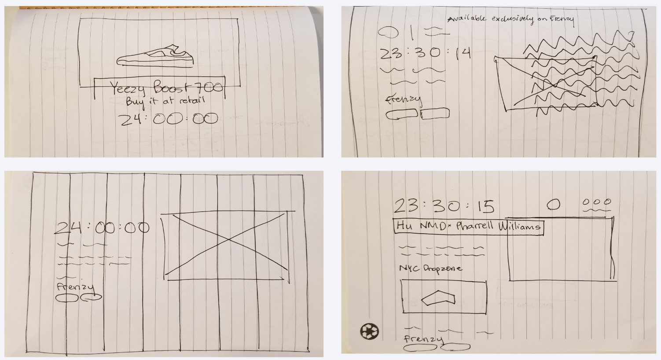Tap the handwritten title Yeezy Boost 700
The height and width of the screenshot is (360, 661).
(x=166, y=88)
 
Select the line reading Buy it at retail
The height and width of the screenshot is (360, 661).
(x=165, y=102)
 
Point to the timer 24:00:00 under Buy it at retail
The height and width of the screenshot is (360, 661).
(x=169, y=119)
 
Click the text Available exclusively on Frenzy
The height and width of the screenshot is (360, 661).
(x=510, y=19)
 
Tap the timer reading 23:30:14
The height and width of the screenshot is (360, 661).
(x=425, y=54)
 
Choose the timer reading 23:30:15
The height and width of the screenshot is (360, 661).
(x=444, y=206)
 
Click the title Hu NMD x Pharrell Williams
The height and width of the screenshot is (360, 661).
(x=468, y=227)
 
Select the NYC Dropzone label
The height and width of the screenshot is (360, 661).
(x=430, y=268)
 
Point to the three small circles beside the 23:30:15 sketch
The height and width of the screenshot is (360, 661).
(x=597, y=202)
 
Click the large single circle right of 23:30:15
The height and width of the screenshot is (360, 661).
(x=553, y=205)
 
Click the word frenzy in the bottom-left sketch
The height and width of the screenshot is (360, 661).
(x=75, y=287)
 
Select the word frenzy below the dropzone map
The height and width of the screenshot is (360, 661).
(x=424, y=339)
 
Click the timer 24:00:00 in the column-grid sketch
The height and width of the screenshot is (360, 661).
(x=102, y=228)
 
